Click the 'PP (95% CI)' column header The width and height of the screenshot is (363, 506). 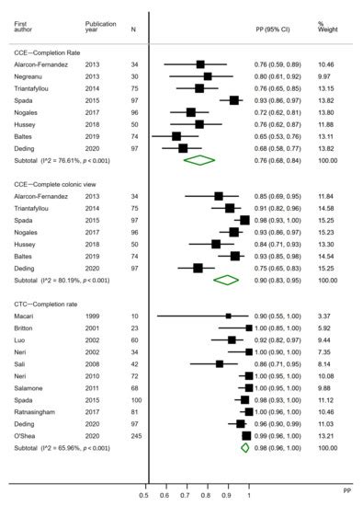pyautogui.click(x=273, y=29)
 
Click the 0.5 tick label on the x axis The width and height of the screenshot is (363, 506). pyautogui.click(x=143, y=495)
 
